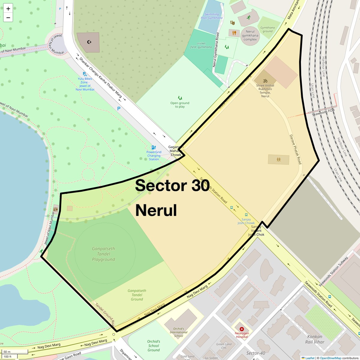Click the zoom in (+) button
point(8,9)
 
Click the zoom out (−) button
point(8,18)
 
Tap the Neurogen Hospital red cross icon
point(242,329)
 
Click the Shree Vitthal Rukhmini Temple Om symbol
point(265,81)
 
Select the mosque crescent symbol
point(89,42)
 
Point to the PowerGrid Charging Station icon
point(154,147)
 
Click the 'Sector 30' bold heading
point(172,185)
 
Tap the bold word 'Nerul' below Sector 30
point(156,210)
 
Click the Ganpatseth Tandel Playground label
point(103,254)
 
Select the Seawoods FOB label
point(323,112)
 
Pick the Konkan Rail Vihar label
point(315,339)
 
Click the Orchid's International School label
point(178,332)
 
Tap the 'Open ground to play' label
point(180,105)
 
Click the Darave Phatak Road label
point(295,149)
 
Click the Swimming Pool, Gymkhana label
point(211,16)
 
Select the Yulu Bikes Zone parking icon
point(85,74)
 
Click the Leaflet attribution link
point(310,358)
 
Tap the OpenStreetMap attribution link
point(330,358)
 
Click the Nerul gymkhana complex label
point(250,35)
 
